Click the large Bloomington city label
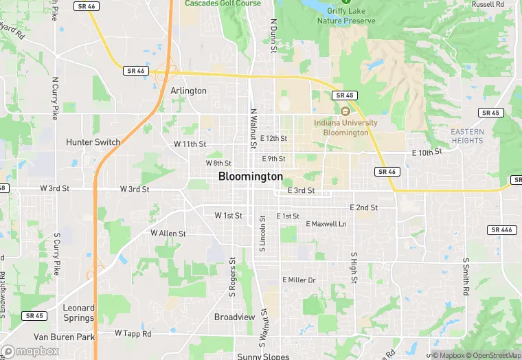click(x=250, y=177)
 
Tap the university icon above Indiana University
click(x=345, y=111)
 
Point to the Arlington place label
click(x=188, y=91)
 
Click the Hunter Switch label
click(x=93, y=142)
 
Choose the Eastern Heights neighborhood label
click(x=467, y=136)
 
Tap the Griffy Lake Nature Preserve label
click(x=346, y=16)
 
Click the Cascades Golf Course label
click(x=223, y=3)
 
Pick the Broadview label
click(x=234, y=317)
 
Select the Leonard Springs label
click(x=79, y=313)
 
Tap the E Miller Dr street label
click(x=299, y=280)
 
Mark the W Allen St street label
click(x=168, y=234)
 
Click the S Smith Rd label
click(x=466, y=277)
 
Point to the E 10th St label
click(x=427, y=152)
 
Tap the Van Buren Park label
click(x=64, y=337)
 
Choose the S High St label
click(x=354, y=267)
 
